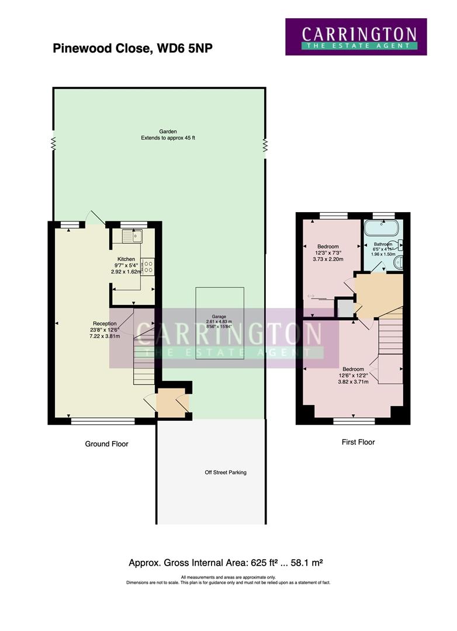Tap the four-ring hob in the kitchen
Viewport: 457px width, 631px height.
pyautogui.click(x=148, y=267)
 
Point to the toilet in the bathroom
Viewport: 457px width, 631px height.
pyautogui.click(x=400, y=245)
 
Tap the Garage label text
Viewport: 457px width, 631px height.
pyautogui.click(x=219, y=316)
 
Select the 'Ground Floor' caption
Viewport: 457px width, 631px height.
pyautogui.click(x=106, y=444)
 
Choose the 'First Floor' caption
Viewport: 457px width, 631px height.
pyautogui.click(x=358, y=442)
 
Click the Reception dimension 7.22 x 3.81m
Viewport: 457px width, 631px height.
pyautogui.click(x=105, y=336)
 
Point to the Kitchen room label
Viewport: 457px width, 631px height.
pyautogui.click(x=126, y=259)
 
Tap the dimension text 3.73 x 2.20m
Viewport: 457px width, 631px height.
pyautogui.click(x=328, y=259)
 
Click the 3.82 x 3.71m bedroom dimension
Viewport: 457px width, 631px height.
pyautogui.click(x=353, y=382)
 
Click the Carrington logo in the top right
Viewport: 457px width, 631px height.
pyautogui.click(x=355, y=37)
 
